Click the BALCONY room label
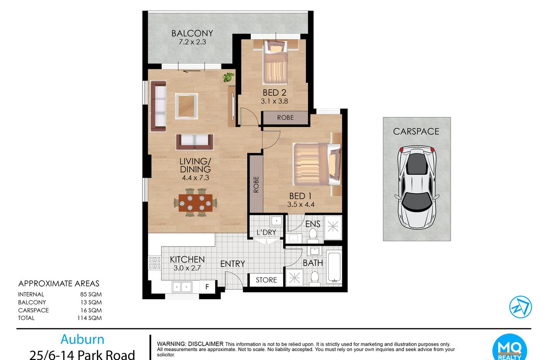coord(192,33)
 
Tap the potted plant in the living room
coord(228,77)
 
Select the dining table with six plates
coord(195,203)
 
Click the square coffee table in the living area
coord(186,106)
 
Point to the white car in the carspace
coord(417,187)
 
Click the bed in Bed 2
coord(275,62)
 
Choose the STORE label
coord(267,280)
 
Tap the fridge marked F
coord(207,287)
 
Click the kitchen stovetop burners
coord(154,262)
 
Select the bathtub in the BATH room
coord(334,267)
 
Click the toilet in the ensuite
coord(313,236)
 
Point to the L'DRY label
coord(267,232)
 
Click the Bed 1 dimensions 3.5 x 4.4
coord(301,204)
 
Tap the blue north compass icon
coord(520,307)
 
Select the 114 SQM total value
coord(89,318)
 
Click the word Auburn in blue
coord(82,339)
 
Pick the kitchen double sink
coord(182,287)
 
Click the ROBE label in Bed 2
coord(286,117)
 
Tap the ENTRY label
coord(232,264)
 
